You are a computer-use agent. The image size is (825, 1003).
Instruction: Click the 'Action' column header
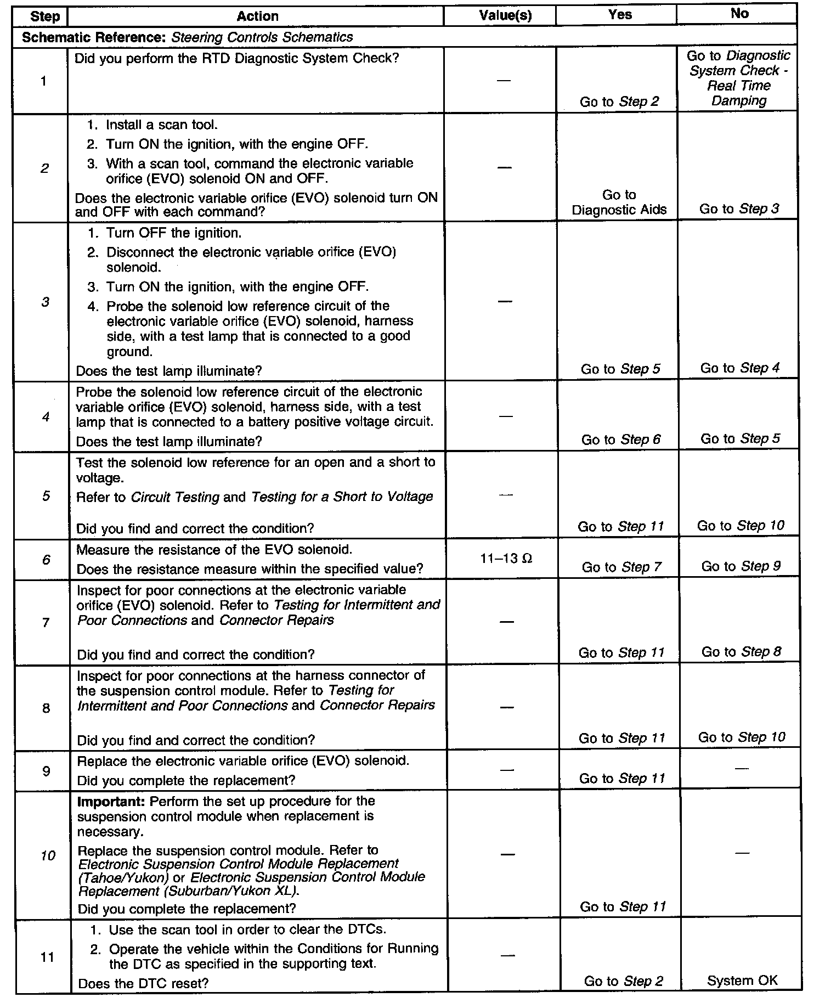pyautogui.click(x=257, y=16)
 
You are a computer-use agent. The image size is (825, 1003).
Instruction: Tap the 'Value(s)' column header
pyautogui.click(x=505, y=16)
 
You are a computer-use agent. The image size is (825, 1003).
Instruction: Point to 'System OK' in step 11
pyautogui.click(x=742, y=981)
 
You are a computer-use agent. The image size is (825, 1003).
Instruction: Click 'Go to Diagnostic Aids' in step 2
pyautogui.click(x=619, y=202)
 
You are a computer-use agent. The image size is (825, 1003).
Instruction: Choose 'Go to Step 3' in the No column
pyautogui.click(x=739, y=209)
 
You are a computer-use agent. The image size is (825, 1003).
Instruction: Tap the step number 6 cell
pyautogui.click(x=46, y=560)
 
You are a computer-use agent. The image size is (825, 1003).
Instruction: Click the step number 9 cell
pyautogui.click(x=46, y=771)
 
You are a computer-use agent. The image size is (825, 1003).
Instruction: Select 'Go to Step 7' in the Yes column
pyautogui.click(x=621, y=567)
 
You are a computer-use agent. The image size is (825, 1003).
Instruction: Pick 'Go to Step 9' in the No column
pyautogui.click(x=741, y=566)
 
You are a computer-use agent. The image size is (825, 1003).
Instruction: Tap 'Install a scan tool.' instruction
pyautogui.click(x=162, y=125)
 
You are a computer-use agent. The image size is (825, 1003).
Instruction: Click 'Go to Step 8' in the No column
pyautogui.click(x=741, y=652)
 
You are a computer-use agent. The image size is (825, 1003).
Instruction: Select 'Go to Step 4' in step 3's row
pyautogui.click(x=739, y=368)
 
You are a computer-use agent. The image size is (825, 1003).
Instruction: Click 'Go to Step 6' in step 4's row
pyautogui.click(x=621, y=439)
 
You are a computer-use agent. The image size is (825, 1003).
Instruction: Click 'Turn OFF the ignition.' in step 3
pyautogui.click(x=173, y=233)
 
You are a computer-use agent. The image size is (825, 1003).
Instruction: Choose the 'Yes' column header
pyautogui.click(x=620, y=15)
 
